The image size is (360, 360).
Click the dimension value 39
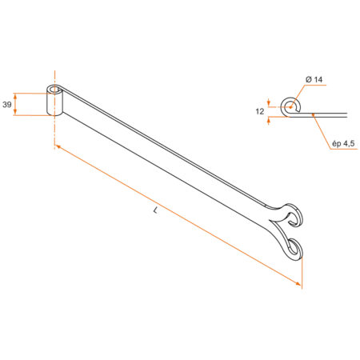7,105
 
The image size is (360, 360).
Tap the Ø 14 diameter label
314,79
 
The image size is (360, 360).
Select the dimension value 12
260,111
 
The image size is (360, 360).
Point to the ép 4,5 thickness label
343,144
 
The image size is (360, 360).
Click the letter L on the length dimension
155,210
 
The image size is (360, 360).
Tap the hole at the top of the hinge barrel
54,90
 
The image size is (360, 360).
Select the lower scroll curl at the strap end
294,246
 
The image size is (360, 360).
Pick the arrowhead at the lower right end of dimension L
298,284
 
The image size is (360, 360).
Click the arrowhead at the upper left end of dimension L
58,146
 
